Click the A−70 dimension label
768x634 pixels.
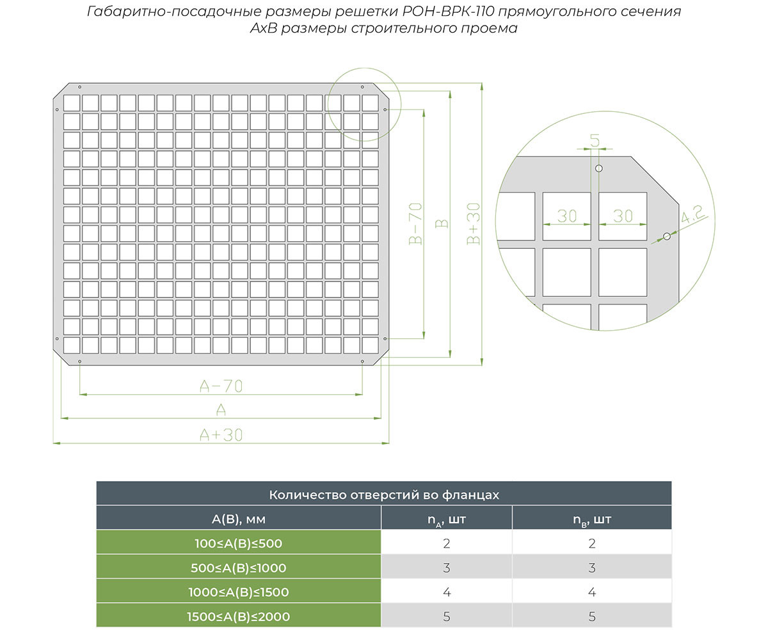221,386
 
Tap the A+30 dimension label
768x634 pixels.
221,435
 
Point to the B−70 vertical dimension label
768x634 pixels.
415,224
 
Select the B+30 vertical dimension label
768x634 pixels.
474,224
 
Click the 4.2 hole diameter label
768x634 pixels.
693,214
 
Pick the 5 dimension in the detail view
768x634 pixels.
595,141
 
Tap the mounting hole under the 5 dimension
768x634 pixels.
599,168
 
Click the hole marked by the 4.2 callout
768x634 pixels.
666,237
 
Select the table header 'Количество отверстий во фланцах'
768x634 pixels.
384,495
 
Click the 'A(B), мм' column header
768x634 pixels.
238,519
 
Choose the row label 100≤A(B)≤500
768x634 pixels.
238,544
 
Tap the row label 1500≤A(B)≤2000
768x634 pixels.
238,617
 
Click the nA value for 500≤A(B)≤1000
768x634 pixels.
447,568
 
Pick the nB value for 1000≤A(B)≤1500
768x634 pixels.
591,592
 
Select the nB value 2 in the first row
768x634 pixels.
591,544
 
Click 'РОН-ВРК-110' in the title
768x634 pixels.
449,12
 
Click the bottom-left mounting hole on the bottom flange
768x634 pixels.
80,361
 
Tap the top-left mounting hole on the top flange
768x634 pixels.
80,87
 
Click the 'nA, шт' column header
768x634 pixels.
447,520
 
